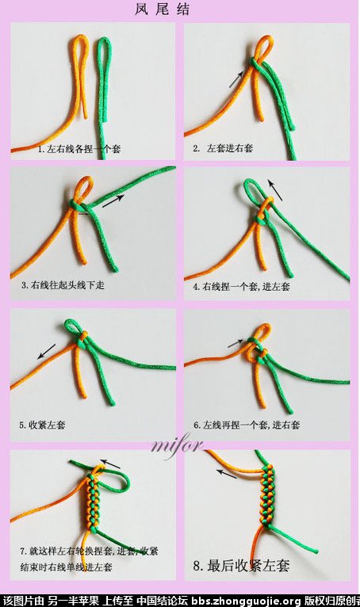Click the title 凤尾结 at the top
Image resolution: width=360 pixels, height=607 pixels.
pos(163,9)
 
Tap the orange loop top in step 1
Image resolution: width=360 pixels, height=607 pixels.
pos(79,38)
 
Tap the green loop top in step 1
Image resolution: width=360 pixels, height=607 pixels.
pos(103,40)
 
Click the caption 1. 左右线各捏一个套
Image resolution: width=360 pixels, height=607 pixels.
pos(79,149)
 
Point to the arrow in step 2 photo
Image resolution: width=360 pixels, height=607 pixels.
pos(236,79)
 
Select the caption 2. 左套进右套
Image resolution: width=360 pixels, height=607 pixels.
pos(223,148)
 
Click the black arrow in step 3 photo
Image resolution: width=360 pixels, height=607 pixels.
pos(113,201)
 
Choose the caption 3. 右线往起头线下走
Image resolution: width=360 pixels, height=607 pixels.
pos(63,285)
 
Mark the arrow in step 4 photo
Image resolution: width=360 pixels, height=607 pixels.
pos(275,189)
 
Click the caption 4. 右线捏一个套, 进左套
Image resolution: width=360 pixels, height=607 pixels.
pos(241,287)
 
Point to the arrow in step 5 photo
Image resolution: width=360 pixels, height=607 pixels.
pos(47,352)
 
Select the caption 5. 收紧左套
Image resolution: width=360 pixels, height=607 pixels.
pos(42,425)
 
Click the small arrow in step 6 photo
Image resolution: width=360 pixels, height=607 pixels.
pos(236,343)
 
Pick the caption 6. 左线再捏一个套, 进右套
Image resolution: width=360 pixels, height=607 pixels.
pos(247,425)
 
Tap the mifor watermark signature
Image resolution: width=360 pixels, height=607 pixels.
pos(176,446)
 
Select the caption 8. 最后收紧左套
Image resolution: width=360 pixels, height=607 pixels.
pos(241,566)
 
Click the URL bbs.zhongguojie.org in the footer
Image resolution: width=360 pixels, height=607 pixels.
pos(246,601)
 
